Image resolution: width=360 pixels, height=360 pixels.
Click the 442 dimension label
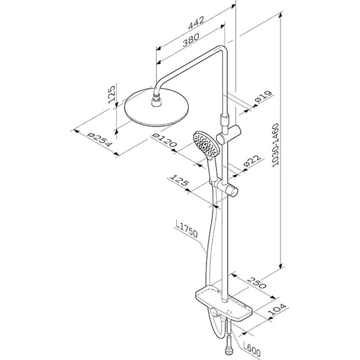(196, 23)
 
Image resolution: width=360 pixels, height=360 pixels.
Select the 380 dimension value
(190, 40)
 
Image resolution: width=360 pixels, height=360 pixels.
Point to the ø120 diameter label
(164, 140)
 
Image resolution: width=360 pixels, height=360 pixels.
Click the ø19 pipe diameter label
(263, 97)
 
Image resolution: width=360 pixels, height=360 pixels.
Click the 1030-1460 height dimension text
(275, 145)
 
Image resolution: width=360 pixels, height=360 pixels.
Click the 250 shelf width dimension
(257, 282)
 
